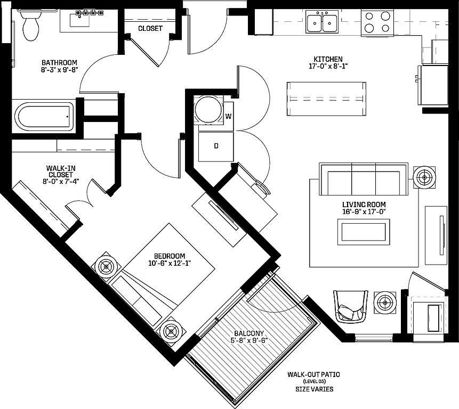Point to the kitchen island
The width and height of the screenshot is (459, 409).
point(327,99)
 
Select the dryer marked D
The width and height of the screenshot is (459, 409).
point(216,145)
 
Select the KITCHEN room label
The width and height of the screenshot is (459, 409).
point(328,59)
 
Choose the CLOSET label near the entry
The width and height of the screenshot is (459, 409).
point(150,28)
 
